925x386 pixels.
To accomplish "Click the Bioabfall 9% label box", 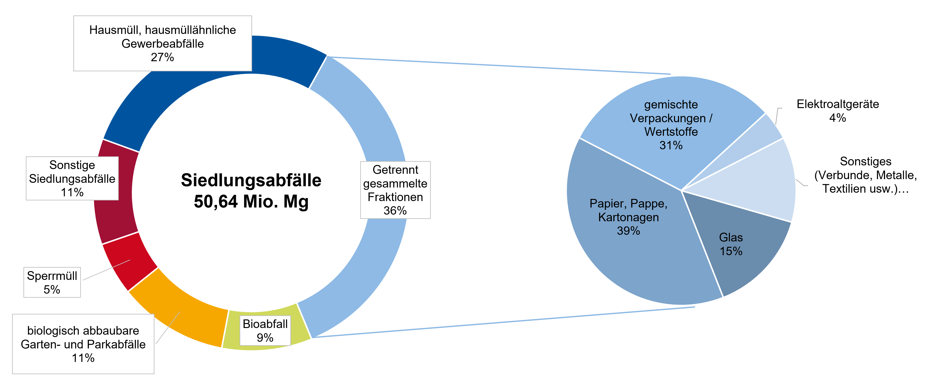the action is [x=265, y=330].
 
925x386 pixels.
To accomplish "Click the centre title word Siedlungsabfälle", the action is [x=251, y=180].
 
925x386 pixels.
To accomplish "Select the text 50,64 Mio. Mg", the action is [x=251, y=201].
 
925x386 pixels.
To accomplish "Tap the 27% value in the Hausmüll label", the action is [x=162, y=57].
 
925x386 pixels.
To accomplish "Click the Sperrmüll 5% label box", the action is [x=52, y=282].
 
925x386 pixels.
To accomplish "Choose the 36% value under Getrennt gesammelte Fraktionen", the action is [x=395, y=211].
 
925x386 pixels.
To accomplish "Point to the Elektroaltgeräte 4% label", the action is [x=838, y=111].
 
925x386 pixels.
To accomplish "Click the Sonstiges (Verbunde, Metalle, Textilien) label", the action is [x=865, y=175].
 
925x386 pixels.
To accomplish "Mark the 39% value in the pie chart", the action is [x=628, y=231].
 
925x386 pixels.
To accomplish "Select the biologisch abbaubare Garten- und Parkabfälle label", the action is [x=83, y=344].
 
